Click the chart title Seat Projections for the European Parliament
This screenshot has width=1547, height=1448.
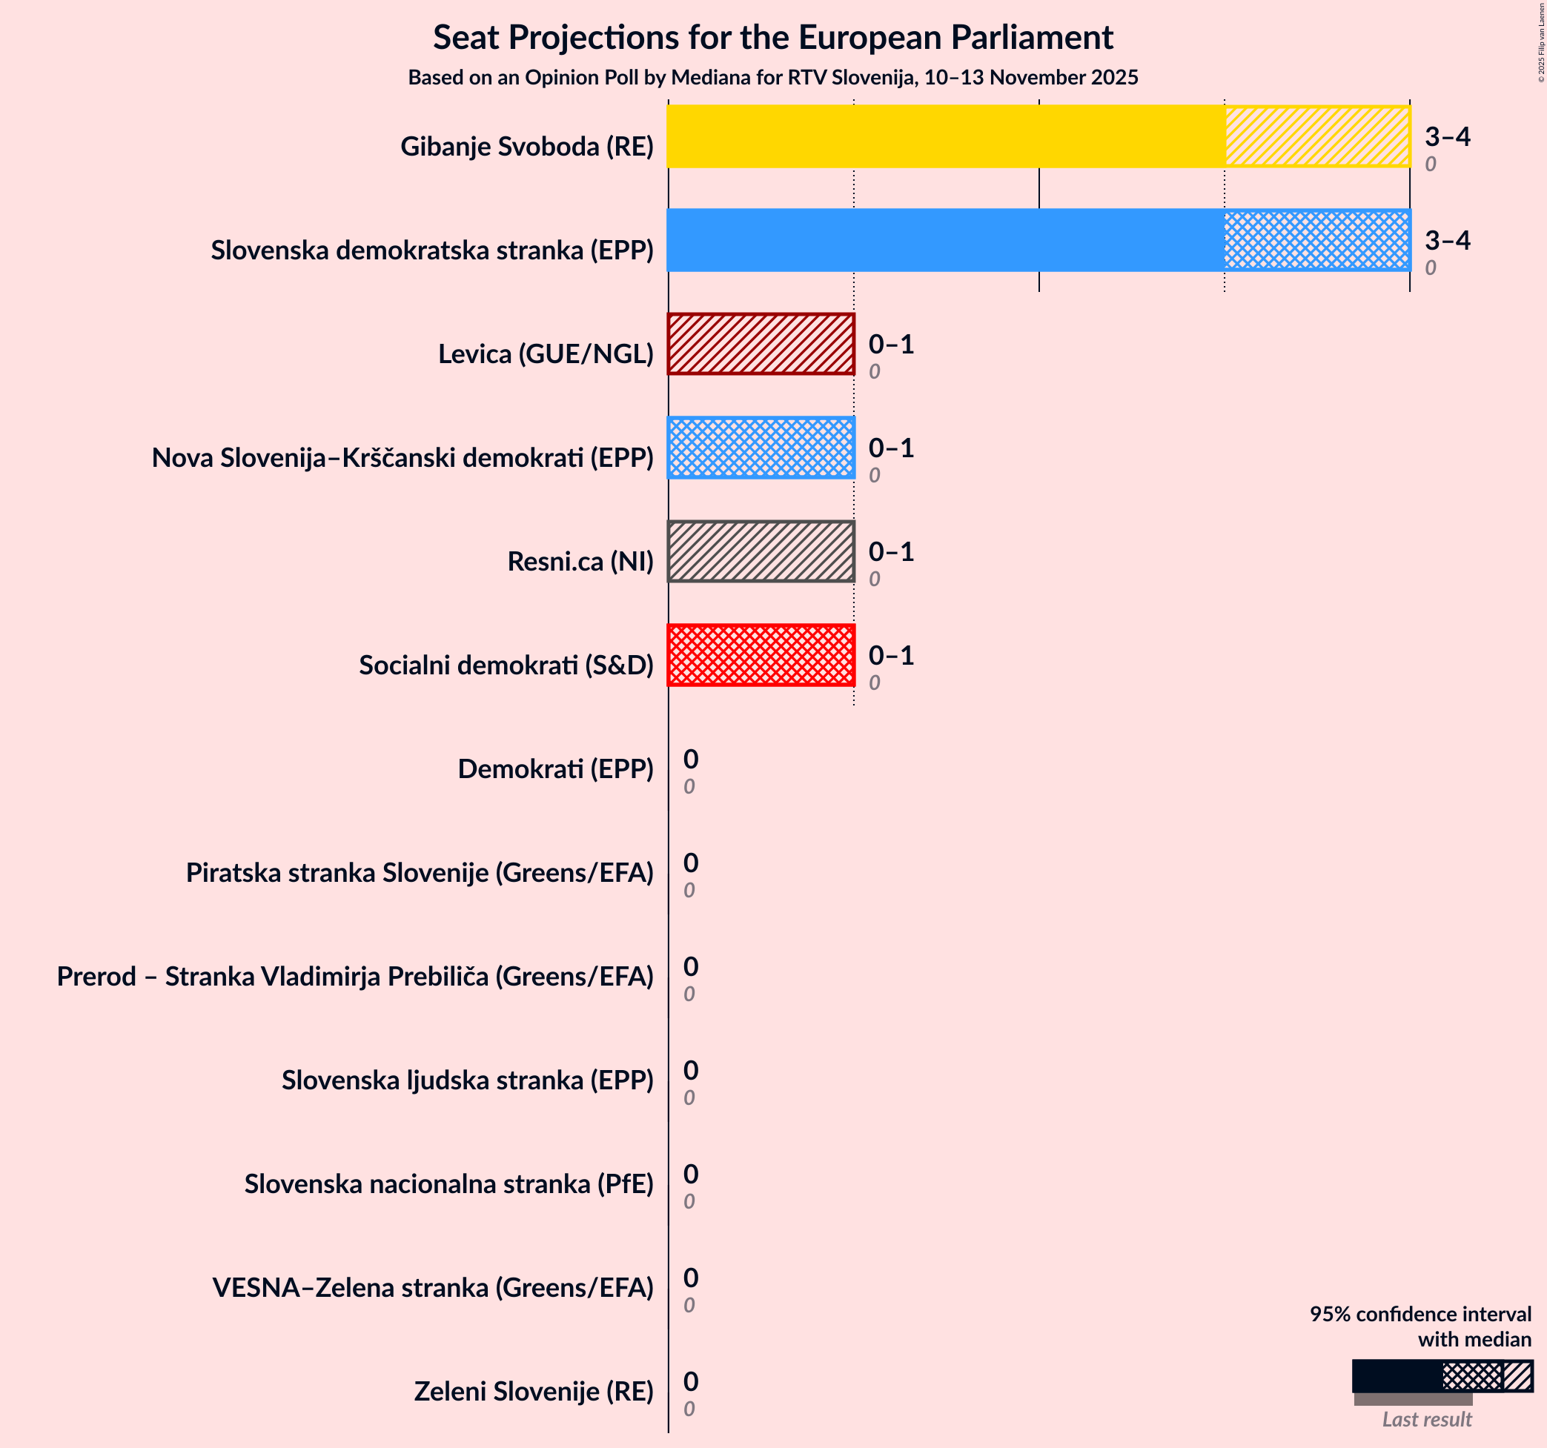point(772,37)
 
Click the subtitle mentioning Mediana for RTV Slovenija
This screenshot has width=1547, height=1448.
point(772,78)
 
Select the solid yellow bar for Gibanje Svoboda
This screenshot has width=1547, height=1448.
point(946,136)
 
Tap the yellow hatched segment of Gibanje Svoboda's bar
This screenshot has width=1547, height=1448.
point(1316,136)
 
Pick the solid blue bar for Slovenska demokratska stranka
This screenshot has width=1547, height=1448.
point(946,239)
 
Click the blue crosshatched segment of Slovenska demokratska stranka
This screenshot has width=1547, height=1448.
point(1316,239)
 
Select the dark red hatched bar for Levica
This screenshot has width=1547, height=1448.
point(761,344)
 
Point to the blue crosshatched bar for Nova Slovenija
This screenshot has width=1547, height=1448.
point(761,448)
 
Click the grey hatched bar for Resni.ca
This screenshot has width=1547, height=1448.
point(761,551)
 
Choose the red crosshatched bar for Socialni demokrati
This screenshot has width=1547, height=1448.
point(761,655)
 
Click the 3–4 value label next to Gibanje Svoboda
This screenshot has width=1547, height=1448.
point(1447,137)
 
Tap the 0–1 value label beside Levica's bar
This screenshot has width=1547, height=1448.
point(890,344)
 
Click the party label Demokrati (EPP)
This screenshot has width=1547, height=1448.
point(555,768)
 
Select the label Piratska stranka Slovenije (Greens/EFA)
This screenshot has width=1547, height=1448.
point(420,872)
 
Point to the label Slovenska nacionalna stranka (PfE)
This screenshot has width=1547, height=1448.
point(448,1183)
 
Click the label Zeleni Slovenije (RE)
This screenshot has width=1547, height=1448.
point(533,1391)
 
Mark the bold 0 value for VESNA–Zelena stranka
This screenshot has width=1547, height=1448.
point(690,1278)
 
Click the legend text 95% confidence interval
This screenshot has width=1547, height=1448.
point(1420,1314)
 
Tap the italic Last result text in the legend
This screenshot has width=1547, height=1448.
point(1426,1419)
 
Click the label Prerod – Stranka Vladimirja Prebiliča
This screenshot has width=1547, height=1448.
point(355,976)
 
